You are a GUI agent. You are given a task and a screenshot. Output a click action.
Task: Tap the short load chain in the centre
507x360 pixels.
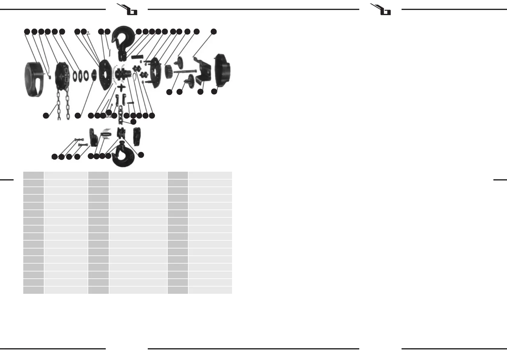point(121,115)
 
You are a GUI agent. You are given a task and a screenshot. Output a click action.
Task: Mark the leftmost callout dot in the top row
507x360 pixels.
point(27,31)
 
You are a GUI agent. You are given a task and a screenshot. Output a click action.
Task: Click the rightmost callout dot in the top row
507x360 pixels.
point(214,31)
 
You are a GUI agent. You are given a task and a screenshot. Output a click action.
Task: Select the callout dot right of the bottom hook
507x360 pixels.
point(141,155)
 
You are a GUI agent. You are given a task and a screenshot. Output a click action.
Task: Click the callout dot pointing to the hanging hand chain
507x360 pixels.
point(46,115)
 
